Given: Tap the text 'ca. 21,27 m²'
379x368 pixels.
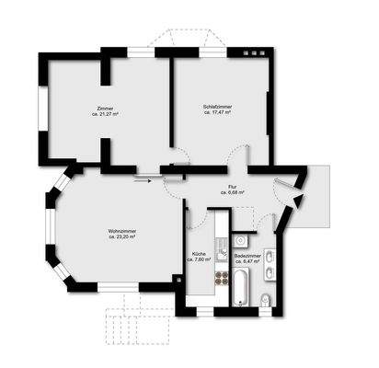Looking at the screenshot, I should pos(107,114).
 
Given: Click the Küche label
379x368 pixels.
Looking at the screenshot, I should pos(198,253).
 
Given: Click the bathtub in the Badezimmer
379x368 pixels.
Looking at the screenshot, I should pos(240,286).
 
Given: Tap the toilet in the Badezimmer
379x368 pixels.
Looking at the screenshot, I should pos(265,297).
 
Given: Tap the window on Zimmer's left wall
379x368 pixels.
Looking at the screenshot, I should pos(42,109).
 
